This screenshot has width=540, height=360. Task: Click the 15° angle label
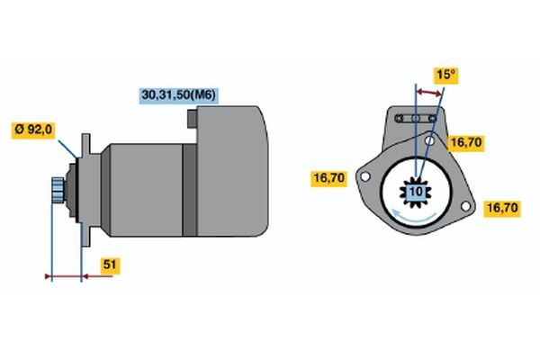pyautogui.click(x=446, y=75)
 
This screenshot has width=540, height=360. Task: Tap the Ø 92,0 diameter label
pyautogui.click(x=33, y=130)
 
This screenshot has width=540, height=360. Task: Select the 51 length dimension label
pyautogui.click(x=110, y=265)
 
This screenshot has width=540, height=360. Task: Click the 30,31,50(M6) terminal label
pyautogui.click(x=179, y=94)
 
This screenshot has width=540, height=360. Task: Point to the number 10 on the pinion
pyautogui.click(x=416, y=191)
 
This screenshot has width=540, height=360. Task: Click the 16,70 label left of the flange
pyautogui.click(x=328, y=178)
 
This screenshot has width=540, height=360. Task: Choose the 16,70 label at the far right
pyautogui.click(x=502, y=208)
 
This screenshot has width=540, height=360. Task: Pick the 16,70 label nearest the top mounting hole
pyautogui.click(x=466, y=142)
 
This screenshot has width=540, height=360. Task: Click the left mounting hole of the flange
pyautogui.click(x=365, y=177)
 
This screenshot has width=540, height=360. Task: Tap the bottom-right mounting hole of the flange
pyautogui.click(x=465, y=206)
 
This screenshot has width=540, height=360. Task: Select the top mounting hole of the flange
pyautogui.click(x=429, y=140)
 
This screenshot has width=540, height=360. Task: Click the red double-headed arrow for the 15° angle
pyautogui.click(x=428, y=93)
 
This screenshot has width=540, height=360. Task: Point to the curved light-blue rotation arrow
pyautogui.click(x=414, y=216)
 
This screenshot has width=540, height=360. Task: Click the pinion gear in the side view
pyautogui.click(x=58, y=191)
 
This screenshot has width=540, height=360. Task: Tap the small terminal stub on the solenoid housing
pyautogui.click(x=193, y=119)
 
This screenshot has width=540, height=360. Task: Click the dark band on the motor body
pyautogui.click(x=189, y=190)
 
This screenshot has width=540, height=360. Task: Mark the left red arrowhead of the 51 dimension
pyautogui.click(x=49, y=276)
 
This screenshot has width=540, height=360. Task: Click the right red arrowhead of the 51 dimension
pyautogui.click(x=85, y=276)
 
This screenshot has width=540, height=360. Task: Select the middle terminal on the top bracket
pyautogui.click(x=416, y=119)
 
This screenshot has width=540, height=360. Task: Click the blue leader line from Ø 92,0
pyautogui.click(x=67, y=149)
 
